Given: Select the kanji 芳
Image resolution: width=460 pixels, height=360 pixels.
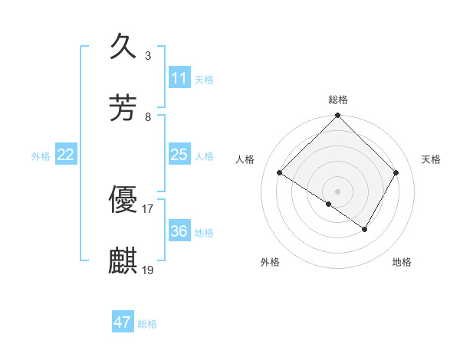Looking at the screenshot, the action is click(123, 107).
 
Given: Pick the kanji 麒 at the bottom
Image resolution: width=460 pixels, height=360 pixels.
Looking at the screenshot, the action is click(123, 260).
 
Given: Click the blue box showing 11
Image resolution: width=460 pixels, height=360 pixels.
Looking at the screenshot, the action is click(179, 78).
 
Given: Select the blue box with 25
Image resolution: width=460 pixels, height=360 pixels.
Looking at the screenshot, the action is click(179, 155).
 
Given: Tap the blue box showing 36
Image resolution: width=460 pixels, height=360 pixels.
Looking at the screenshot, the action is click(179, 231).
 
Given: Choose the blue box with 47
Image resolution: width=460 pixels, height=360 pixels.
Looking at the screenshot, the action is click(123, 322).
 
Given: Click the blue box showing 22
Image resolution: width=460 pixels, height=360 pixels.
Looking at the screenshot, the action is click(66, 155).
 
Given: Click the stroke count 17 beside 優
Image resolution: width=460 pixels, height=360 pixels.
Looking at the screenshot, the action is click(148, 208).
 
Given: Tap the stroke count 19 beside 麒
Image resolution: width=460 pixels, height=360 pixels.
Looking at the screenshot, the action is click(148, 270).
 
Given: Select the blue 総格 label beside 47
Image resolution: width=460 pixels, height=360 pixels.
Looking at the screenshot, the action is click(147, 324).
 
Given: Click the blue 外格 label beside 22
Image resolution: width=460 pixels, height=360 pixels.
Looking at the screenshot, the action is click(41, 156).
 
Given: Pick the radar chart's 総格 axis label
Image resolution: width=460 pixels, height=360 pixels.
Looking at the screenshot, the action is click(338, 100).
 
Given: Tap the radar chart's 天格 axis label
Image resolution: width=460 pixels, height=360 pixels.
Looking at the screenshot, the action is click(431, 159).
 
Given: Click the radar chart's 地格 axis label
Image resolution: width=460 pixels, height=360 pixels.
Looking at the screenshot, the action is click(402, 262).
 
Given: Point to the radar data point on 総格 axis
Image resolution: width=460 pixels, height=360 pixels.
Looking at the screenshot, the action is click(338, 116).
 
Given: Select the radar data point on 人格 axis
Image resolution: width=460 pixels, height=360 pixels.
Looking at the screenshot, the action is click(280, 172).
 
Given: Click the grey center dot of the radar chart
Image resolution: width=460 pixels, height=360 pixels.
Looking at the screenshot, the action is click(338, 191).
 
